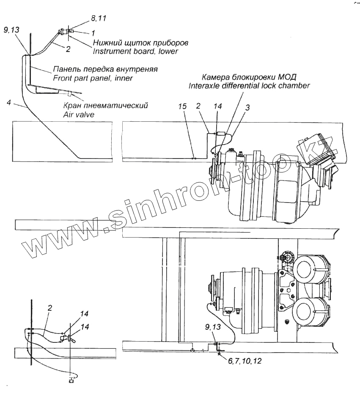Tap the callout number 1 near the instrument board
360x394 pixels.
93,32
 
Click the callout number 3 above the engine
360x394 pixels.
247,108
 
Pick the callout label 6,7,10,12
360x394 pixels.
245,362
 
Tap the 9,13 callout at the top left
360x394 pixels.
11,30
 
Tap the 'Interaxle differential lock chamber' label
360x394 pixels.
249,85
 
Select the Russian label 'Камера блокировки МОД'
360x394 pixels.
249,77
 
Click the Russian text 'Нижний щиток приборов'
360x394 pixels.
140,43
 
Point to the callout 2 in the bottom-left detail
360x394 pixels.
49,308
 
